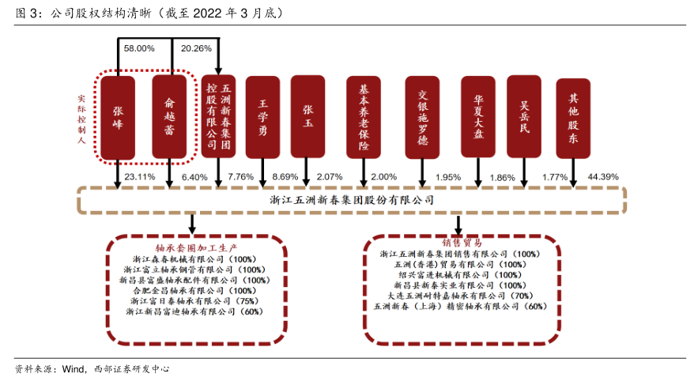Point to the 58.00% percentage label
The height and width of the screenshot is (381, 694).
tap(139, 48)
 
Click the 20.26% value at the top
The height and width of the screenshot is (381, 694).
tap(196, 48)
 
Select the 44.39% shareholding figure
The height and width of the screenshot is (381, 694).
tap(604, 176)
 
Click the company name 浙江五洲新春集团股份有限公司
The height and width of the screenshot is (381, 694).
tap(352, 200)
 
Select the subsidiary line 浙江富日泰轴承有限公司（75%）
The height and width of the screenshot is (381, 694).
tap(194, 301)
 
